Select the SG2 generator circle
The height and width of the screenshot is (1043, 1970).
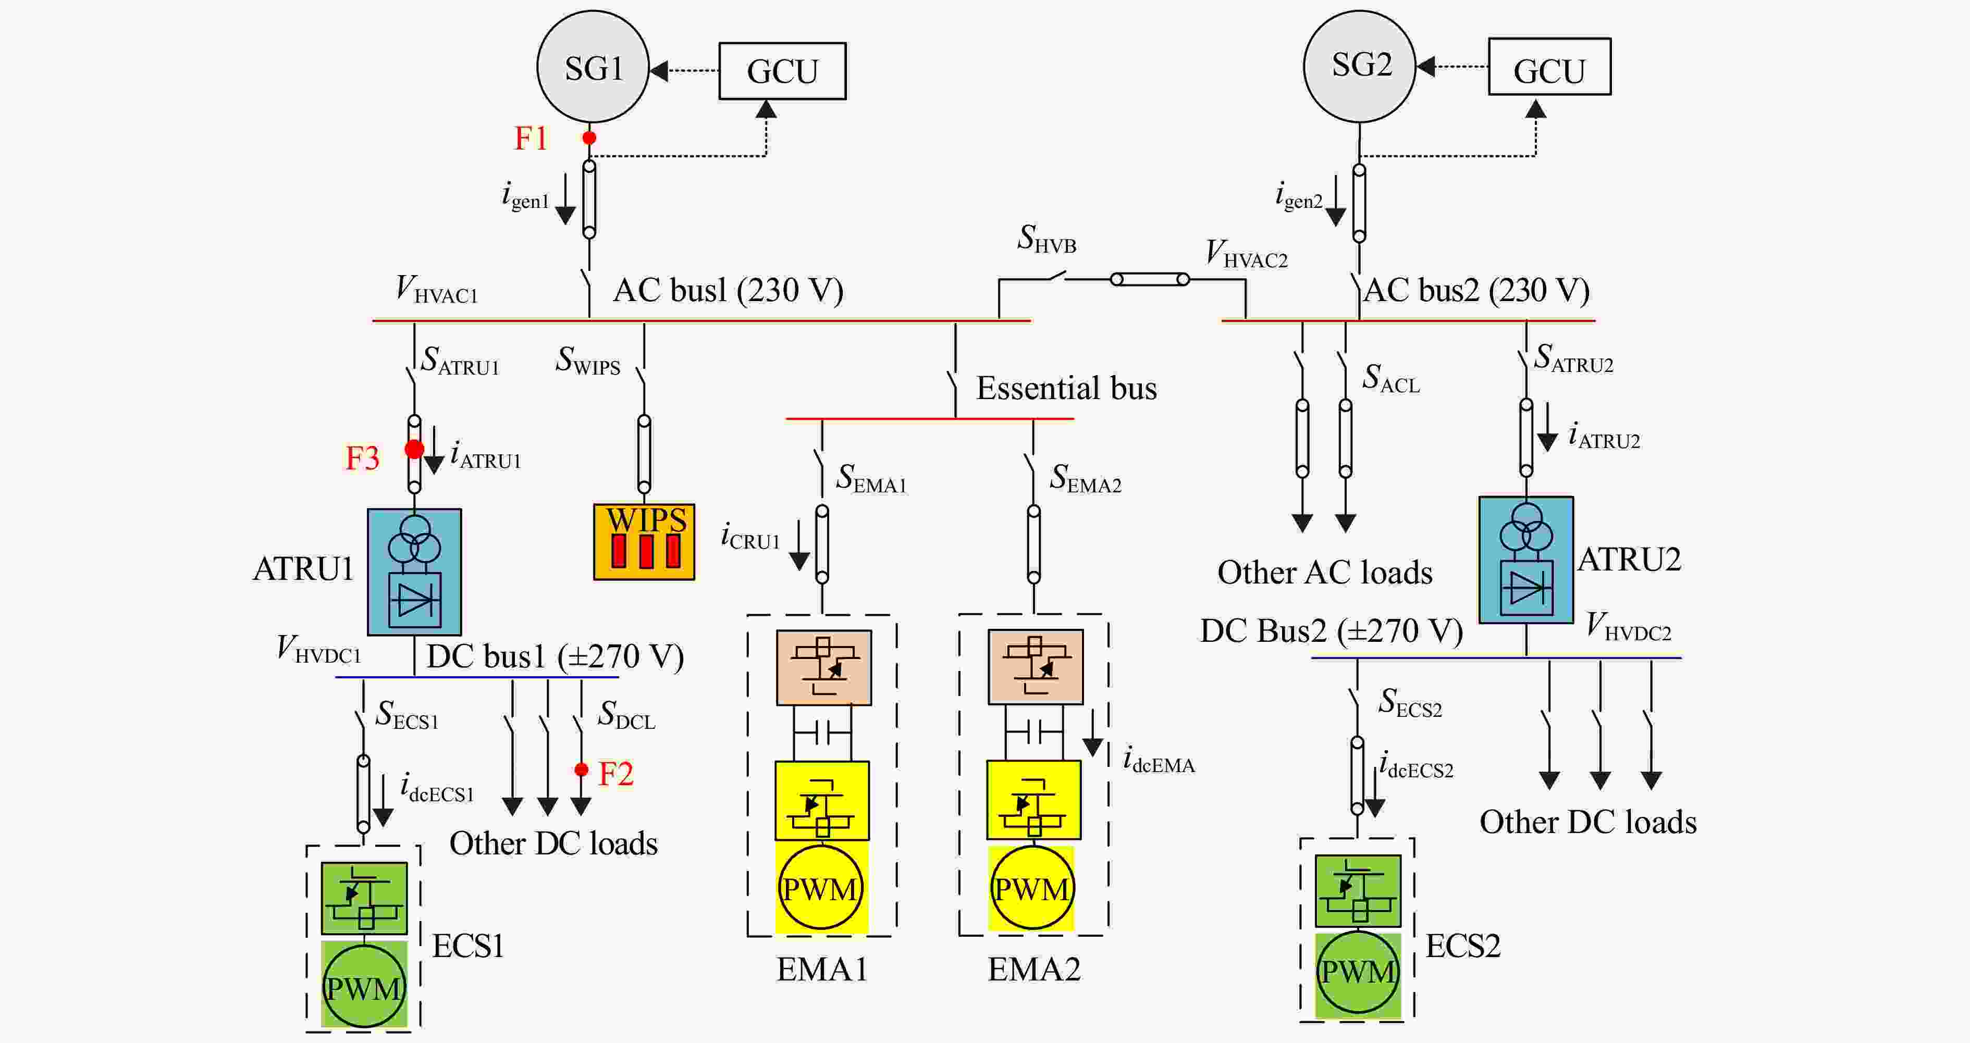(x=1359, y=66)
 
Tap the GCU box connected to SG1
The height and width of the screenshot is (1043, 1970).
(x=782, y=71)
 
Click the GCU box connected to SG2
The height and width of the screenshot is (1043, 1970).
(x=1549, y=67)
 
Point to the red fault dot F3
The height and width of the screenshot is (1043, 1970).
(x=414, y=449)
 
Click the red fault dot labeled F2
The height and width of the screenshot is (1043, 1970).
(x=581, y=769)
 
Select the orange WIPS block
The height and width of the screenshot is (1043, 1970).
(x=644, y=541)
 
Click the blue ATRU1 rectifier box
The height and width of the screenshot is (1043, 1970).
(x=414, y=572)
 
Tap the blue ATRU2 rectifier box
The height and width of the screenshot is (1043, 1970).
(x=1525, y=560)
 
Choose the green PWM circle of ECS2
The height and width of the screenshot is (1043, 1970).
(x=1358, y=971)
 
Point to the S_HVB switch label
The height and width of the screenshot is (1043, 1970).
(x=1046, y=239)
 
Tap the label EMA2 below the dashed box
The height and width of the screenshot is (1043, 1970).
(x=1034, y=969)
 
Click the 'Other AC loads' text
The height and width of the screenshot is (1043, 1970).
(x=1325, y=572)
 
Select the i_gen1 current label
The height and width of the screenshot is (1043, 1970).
(x=525, y=196)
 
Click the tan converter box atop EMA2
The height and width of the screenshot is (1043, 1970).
(x=1036, y=667)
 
